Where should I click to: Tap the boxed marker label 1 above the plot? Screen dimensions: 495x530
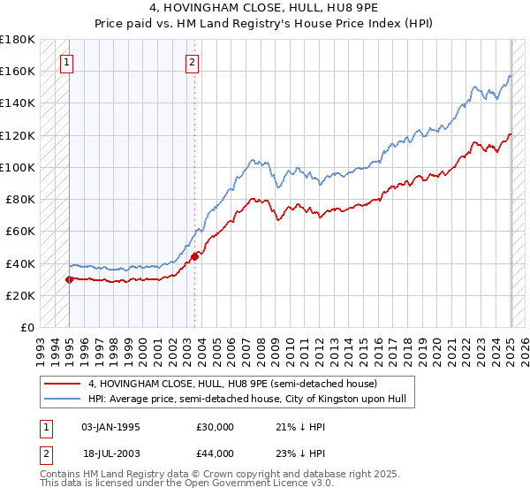coord(68,62)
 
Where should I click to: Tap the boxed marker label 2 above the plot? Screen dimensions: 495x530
coord(193,62)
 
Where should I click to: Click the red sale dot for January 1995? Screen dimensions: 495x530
coord(69,279)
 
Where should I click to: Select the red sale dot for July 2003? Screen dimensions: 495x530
coord(194,256)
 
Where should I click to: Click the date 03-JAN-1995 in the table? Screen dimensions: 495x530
coord(110,427)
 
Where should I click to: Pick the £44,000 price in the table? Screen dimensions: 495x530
coord(216,453)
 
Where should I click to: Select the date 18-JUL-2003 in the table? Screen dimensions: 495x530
coord(110,453)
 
